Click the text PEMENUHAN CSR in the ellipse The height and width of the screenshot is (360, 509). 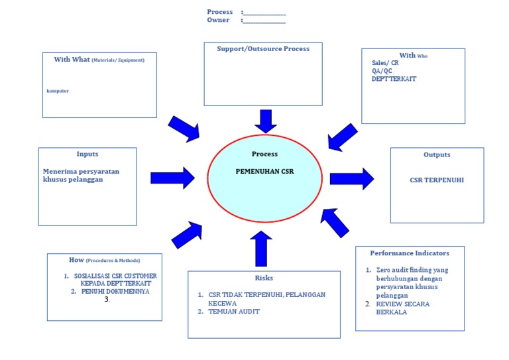pyautogui.click(x=264, y=171)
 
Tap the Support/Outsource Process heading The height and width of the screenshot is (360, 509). pyautogui.click(x=263, y=48)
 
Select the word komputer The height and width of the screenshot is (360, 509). pyautogui.click(x=58, y=91)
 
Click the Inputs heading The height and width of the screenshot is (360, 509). pyautogui.click(x=87, y=154)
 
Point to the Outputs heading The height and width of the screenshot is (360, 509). pyautogui.click(x=437, y=154)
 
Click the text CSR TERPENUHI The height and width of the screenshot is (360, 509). pyautogui.click(x=437, y=180)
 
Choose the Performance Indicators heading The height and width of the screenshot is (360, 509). pyautogui.click(x=410, y=253)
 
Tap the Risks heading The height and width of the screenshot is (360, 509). pyautogui.click(x=264, y=278)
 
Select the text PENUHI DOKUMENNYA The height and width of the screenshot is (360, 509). pyautogui.click(x=115, y=291)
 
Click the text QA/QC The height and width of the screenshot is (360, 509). pyautogui.click(x=382, y=71)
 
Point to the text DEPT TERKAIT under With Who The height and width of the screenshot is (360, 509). pyautogui.click(x=394, y=79)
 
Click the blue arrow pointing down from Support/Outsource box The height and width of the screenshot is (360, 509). pyautogui.click(x=266, y=121)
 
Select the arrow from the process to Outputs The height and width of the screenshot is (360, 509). pyautogui.click(x=351, y=178)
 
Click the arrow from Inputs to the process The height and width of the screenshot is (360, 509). pyautogui.click(x=172, y=178)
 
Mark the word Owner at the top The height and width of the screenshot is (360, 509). pyautogui.click(x=218, y=20)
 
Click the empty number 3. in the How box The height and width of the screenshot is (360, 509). pyautogui.click(x=107, y=300)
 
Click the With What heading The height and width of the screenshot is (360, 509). pyautogui.click(x=99, y=60)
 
